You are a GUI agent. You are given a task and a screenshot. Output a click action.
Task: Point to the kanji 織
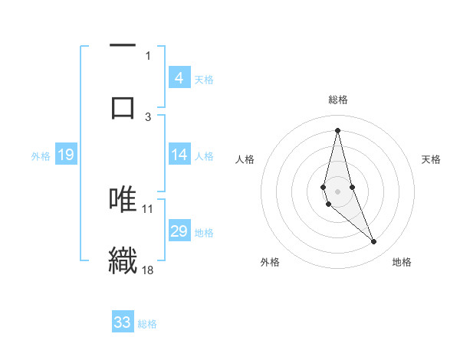point(123,259)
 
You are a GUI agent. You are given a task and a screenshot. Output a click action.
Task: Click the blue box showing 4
point(179,77)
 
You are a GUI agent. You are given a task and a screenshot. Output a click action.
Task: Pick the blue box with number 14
point(179,155)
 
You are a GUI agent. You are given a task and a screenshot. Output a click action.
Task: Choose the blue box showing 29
point(179,231)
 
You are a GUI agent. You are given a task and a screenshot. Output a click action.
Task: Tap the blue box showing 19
point(66,155)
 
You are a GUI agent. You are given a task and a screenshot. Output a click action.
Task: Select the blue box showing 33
point(123,322)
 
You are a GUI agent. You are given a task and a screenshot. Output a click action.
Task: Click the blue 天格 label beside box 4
point(204,79)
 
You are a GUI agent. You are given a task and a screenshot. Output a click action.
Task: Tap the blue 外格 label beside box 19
point(41,155)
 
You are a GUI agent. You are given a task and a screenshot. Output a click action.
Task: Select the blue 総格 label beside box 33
point(147,323)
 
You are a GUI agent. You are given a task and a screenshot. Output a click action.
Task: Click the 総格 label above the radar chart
point(337,100)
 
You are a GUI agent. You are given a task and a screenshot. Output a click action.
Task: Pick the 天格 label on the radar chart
point(432,159)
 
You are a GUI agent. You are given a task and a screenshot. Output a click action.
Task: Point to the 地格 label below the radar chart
point(402,262)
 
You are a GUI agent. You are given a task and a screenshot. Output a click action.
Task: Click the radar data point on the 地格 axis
point(374,242)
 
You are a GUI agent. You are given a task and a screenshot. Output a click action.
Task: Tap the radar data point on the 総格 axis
point(337,129)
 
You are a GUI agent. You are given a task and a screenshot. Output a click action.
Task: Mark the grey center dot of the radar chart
point(337,191)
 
